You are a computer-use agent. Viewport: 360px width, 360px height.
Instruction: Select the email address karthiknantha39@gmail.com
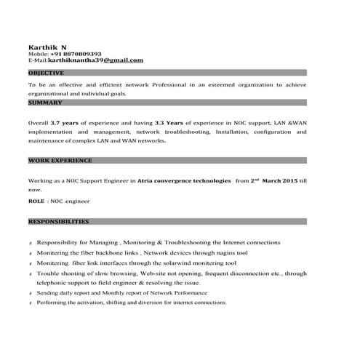click(95, 60)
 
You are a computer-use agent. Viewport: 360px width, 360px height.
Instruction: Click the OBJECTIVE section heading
click(47, 73)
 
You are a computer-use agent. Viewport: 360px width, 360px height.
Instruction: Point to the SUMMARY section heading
click(45, 103)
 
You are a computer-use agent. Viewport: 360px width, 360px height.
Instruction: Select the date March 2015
click(280, 179)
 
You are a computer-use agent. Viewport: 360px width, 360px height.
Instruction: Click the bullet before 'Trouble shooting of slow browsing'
click(30, 274)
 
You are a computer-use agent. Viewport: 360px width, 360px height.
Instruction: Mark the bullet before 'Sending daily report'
click(30, 294)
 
